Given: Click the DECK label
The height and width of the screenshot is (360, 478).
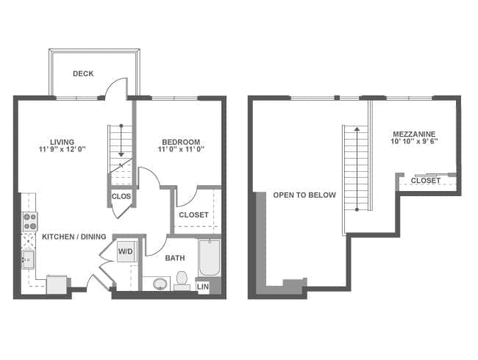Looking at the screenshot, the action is (x=83, y=73).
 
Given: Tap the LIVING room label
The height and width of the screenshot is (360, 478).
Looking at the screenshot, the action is (x=63, y=142).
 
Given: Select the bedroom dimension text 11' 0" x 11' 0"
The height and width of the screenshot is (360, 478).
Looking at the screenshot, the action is (x=181, y=149).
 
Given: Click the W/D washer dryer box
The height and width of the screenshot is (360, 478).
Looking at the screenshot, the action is (x=126, y=251).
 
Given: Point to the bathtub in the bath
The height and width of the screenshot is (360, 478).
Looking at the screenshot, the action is (x=210, y=258).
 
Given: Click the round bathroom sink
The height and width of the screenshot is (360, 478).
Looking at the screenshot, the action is (x=160, y=284).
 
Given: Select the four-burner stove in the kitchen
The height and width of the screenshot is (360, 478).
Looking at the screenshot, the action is (x=30, y=221).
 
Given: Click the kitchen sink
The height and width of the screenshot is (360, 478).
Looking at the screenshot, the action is (x=28, y=259).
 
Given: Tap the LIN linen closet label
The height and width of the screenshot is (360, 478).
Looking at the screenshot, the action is (x=203, y=287).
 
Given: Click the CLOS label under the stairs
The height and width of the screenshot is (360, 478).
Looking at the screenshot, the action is (x=121, y=196).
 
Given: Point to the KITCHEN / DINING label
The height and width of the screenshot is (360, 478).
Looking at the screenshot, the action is (x=74, y=237).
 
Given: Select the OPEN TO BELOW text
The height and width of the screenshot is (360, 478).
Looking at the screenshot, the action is (x=304, y=195).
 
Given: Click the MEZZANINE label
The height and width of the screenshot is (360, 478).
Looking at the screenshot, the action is (x=414, y=134).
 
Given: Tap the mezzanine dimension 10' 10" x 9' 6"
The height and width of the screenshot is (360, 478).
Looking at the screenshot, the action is (x=414, y=141).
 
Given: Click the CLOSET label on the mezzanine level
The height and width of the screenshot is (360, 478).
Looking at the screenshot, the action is (x=426, y=181).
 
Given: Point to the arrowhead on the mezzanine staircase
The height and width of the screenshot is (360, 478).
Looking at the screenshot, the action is (x=357, y=129).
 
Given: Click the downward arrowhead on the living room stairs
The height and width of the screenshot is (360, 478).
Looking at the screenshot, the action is (x=121, y=155).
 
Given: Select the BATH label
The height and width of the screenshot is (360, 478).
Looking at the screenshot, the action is (x=175, y=258).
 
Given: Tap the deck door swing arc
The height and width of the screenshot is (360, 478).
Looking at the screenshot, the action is (x=113, y=83).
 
